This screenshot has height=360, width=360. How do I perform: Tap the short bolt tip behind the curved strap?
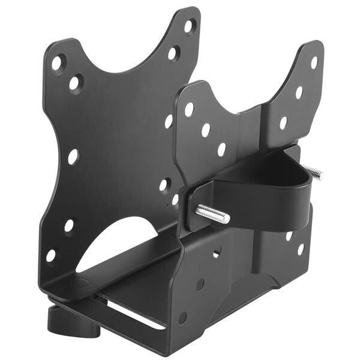[314, 173]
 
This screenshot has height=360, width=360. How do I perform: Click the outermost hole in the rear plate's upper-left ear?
[57, 62]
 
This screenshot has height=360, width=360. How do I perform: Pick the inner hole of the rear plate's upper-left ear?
[75, 83]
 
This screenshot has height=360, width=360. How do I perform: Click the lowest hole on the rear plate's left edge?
[50, 255]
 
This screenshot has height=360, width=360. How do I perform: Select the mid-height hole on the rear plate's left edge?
[73, 157]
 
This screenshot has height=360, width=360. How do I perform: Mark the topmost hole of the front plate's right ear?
[314, 62]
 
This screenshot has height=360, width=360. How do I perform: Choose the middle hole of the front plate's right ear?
[299, 92]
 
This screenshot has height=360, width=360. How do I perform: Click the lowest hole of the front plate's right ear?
[283, 122]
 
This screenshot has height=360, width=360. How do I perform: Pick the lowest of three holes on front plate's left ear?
[221, 149]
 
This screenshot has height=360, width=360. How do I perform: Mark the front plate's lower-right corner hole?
[300, 248]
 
